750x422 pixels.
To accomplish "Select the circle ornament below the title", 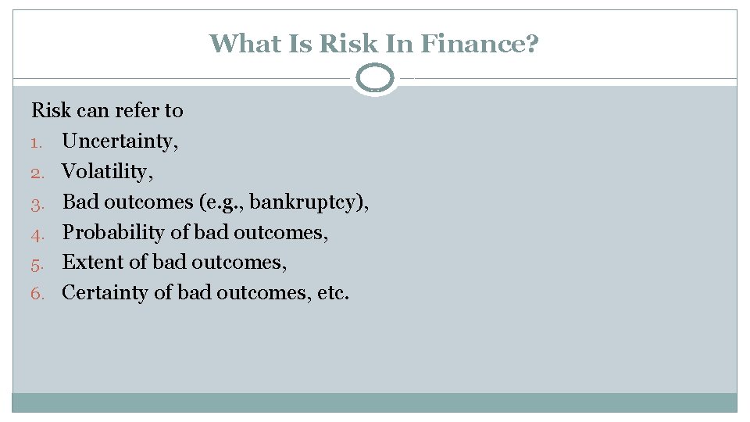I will click(x=375, y=78).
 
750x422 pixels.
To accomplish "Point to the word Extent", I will click(x=86, y=262).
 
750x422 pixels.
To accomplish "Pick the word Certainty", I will click(x=100, y=293).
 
